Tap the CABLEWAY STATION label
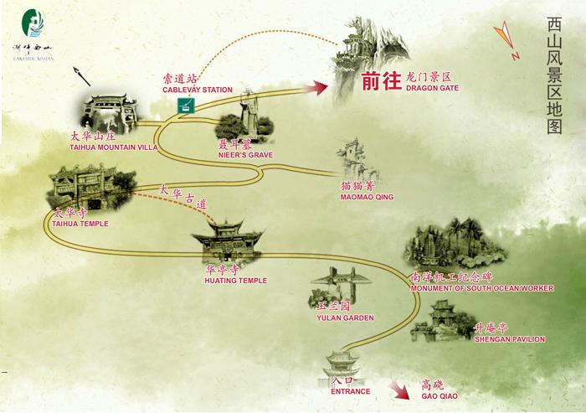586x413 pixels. (197, 90)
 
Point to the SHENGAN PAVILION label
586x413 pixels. (509, 339)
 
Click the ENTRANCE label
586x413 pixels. (350, 390)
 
